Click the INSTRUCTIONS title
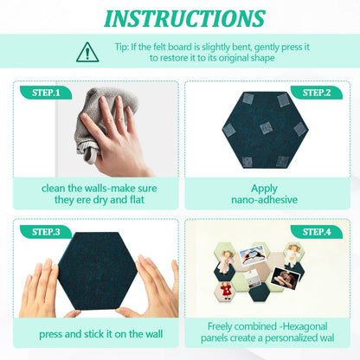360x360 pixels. [184, 19]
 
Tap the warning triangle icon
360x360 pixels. [87, 53]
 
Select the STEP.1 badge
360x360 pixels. [46, 93]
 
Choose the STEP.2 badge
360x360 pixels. [317, 93]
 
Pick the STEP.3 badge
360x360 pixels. [46, 232]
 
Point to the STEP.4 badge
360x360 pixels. [317, 232]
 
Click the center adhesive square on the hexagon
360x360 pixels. [266, 127]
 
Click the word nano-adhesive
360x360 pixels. [264, 200]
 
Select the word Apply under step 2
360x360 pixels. [264, 189]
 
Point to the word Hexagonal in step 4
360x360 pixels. [305, 327]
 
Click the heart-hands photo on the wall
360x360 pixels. [252, 254]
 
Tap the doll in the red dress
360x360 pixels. [226, 291]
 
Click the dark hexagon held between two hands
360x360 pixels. [97, 271]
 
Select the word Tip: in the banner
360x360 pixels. [122, 48]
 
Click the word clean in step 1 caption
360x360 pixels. [53, 189]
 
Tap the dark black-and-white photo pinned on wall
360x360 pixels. [286, 278]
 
